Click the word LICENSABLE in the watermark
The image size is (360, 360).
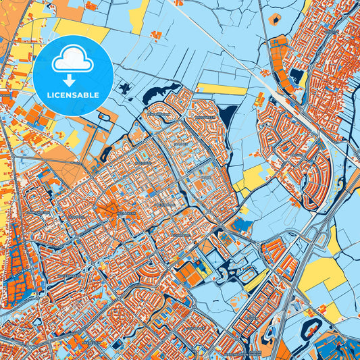click(73, 95)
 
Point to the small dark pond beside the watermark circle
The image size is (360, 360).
click(124, 87)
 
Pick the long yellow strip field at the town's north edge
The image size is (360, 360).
click(223, 89)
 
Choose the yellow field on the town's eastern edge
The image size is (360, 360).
click(253, 177)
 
